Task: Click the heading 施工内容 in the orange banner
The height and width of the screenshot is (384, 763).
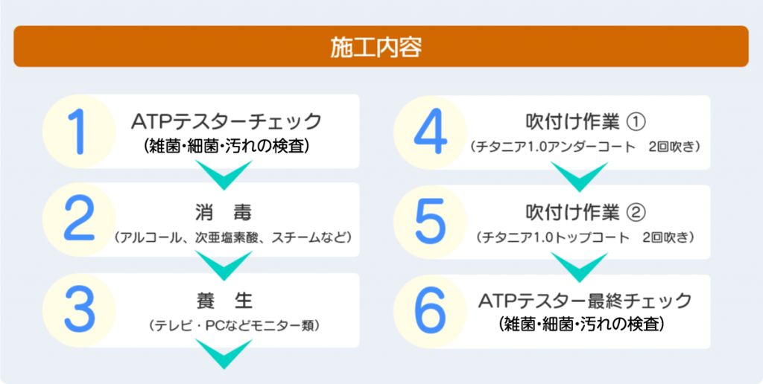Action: [x=376, y=47]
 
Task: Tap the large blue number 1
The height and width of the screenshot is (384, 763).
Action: [x=77, y=131]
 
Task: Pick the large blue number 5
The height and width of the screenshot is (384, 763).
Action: [x=430, y=221]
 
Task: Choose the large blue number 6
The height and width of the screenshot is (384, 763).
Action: [x=431, y=310]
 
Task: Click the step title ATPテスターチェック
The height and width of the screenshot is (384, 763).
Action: [x=227, y=121]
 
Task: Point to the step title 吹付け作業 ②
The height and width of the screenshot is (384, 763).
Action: [x=586, y=212]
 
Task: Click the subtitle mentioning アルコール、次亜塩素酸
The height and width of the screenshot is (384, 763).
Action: [x=231, y=237]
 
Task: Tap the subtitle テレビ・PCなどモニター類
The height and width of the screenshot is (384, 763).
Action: [x=235, y=325]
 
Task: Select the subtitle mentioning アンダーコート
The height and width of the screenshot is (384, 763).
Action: [x=586, y=147]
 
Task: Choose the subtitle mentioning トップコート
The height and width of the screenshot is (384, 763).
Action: [x=586, y=237]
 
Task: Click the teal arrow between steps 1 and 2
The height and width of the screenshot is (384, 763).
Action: [x=224, y=175]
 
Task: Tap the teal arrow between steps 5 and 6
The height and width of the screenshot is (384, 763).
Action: [x=579, y=267]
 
